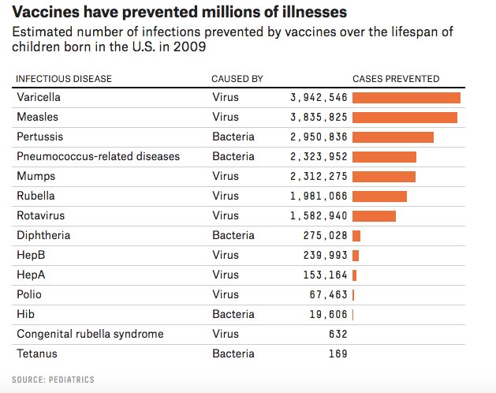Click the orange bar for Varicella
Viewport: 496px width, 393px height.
(x=406, y=98)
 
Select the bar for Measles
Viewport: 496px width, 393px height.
(x=405, y=118)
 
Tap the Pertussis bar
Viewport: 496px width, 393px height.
(x=393, y=137)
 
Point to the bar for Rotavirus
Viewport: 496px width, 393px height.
(x=374, y=216)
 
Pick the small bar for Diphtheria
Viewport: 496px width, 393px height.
(x=356, y=236)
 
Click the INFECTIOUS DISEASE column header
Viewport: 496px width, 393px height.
(x=64, y=79)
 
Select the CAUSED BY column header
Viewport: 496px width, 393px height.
(x=237, y=79)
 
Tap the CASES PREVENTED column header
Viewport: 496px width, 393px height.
(x=395, y=79)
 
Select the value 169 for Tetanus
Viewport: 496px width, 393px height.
(x=338, y=354)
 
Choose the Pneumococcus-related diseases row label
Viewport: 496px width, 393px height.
(x=98, y=156)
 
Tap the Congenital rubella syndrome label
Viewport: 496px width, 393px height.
(x=90, y=334)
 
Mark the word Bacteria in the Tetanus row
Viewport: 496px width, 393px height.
(x=233, y=354)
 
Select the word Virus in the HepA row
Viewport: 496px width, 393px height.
(x=225, y=275)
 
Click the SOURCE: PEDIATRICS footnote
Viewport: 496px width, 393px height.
(x=53, y=380)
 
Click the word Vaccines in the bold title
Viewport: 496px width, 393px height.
(x=47, y=13)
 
